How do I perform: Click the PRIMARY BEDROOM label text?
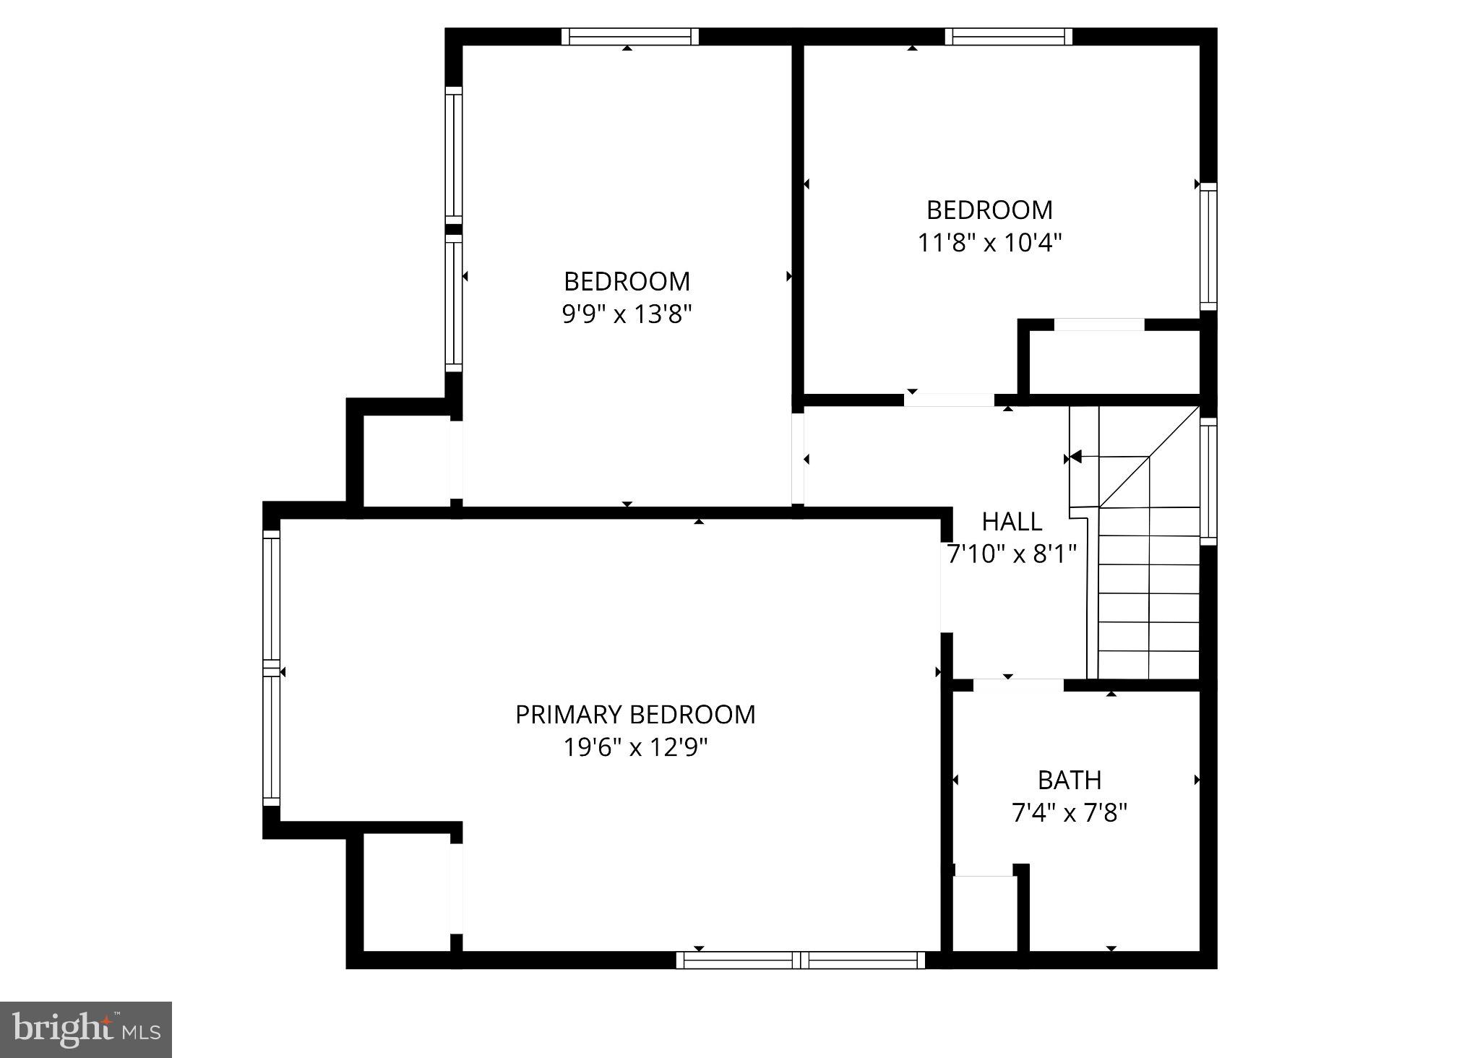(634, 715)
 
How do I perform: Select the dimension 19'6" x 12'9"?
(634, 747)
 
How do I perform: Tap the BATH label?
(1069, 780)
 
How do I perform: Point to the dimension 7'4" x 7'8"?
(1069, 814)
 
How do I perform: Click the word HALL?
(1011, 521)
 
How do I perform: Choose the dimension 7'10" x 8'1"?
(1011, 554)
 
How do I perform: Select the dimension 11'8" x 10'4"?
(989, 243)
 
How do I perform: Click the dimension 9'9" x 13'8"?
(627, 314)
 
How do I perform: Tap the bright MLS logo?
(86, 1029)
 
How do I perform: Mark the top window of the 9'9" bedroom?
(629, 37)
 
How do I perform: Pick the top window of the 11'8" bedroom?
(1008, 37)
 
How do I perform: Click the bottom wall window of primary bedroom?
(800, 960)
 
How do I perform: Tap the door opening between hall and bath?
(1018, 685)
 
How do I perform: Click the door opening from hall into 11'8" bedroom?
(948, 400)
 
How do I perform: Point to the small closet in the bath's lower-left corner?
(984, 913)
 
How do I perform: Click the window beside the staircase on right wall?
(1208, 481)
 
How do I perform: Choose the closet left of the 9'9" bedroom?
(405, 461)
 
